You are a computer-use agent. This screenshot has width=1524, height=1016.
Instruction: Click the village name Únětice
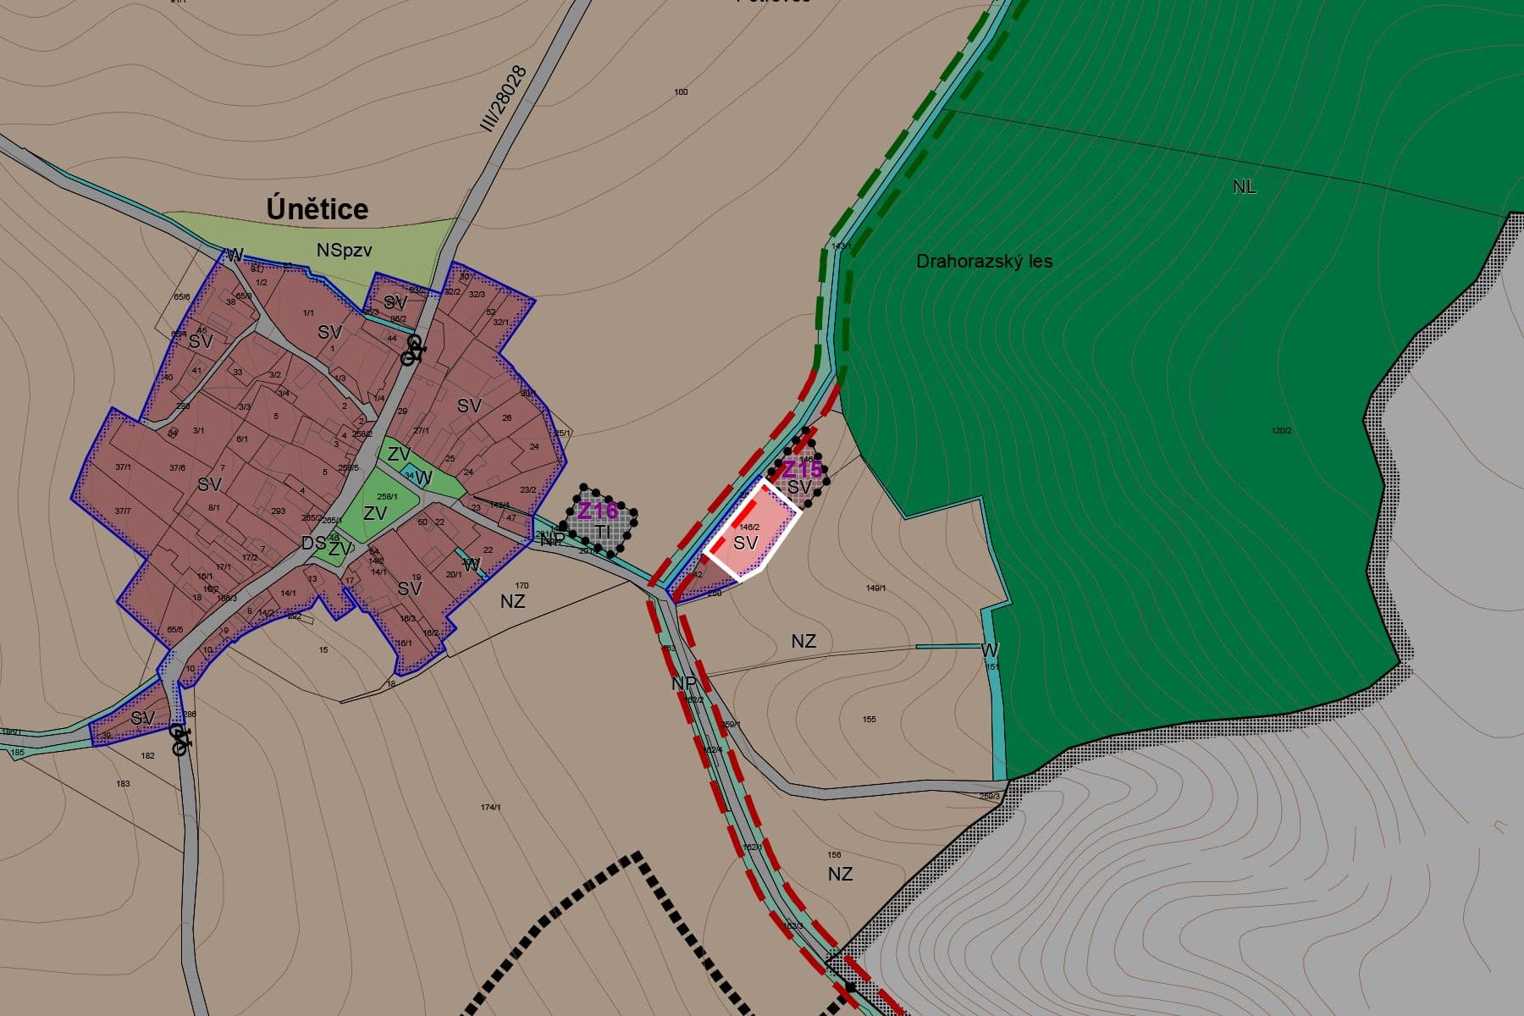click(x=317, y=209)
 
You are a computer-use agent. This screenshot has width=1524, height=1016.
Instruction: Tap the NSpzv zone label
click(x=344, y=251)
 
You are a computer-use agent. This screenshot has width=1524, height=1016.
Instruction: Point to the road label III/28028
click(x=504, y=98)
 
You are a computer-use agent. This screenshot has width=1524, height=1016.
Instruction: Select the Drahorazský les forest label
click(x=984, y=262)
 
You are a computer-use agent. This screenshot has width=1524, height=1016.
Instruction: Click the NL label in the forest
click(x=1244, y=187)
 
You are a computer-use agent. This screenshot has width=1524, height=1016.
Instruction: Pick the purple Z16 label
click(x=598, y=511)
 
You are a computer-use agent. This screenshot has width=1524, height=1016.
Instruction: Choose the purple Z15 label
click(x=801, y=469)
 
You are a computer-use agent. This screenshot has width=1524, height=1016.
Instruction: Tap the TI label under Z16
click(x=602, y=531)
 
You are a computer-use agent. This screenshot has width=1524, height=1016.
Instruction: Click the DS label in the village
click(x=313, y=544)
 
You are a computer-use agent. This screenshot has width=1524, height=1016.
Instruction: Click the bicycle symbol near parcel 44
click(x=412, y=350)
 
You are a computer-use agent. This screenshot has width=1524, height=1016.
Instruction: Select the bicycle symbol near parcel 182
click(x=179, y=738)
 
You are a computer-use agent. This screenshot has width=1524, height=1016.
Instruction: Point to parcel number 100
click(x=681, y=91)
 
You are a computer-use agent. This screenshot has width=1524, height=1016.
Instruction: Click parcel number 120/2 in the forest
click(x=1281, y=431)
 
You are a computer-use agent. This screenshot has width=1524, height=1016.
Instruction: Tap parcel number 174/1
click(x=490, y=808)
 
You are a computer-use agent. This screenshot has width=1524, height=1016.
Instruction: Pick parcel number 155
click(x=869, y=720)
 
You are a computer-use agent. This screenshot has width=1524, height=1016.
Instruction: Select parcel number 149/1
click(x=875, y=588)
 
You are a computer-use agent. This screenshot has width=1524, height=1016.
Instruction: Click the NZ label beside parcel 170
click(x=512, y=601)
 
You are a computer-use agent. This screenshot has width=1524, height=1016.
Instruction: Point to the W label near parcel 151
click(x=989, y=650)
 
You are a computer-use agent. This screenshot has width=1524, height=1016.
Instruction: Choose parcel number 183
click(x=123, y=784)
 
